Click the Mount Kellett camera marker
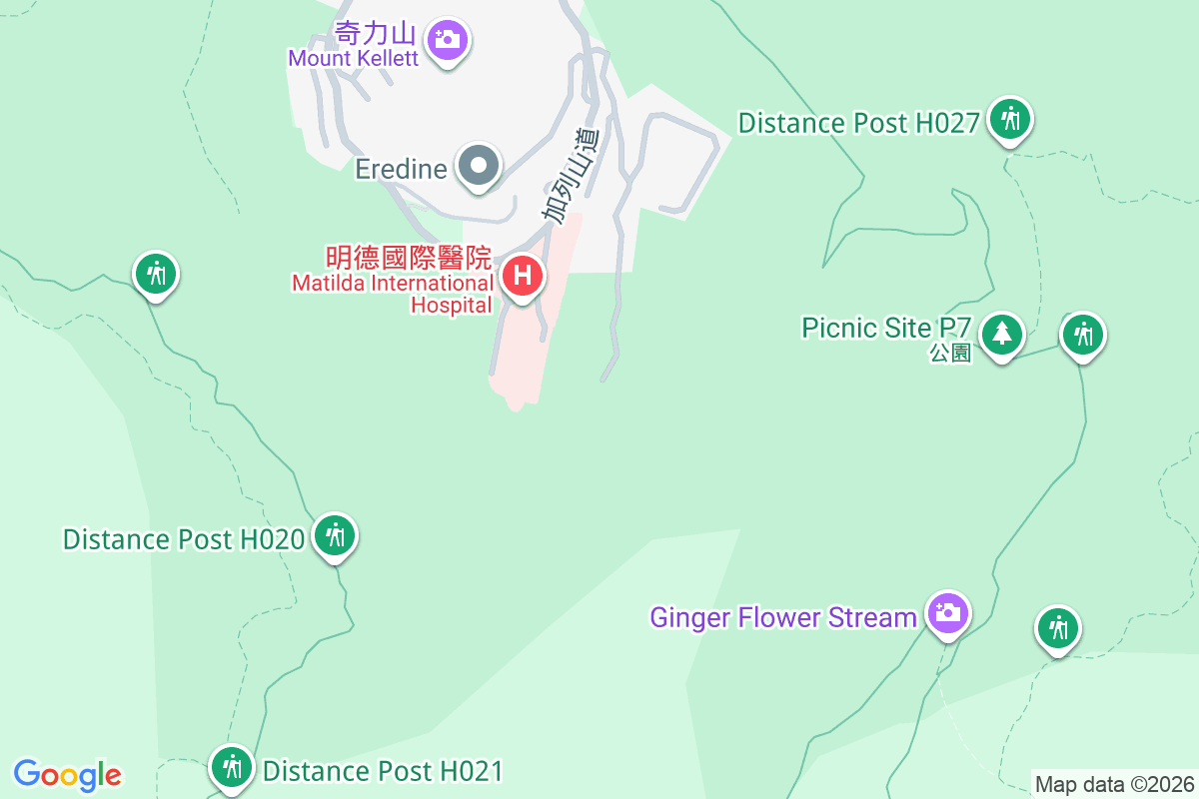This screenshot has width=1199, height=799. [x=447, y=41]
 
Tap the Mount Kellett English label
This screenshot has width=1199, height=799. [x=353, y=58]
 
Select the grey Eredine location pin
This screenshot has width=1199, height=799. [x=479, y=165]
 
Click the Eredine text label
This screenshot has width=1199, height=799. [x=401, y=169]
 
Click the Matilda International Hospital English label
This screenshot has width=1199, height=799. [x=392, y=295]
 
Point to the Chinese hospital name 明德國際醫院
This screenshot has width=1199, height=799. [x=409, y=259]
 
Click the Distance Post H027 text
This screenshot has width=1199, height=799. [x=857, y=123]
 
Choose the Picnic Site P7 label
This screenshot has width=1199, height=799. [x=886, y=328]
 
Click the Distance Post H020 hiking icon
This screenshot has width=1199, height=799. [x=335, y=536]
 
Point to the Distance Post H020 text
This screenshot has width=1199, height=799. [x=183, y=539]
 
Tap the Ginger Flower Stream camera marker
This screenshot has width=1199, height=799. [x=946, y=611]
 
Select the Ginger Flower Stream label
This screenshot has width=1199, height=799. [x=782, y=617]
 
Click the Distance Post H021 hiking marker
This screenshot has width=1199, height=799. [x=232, y=767]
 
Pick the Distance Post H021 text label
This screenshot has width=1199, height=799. [x=383, y=771]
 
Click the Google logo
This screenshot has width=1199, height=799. [x=68, y=774]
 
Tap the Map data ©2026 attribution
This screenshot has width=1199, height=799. [x=1114, y=784]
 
